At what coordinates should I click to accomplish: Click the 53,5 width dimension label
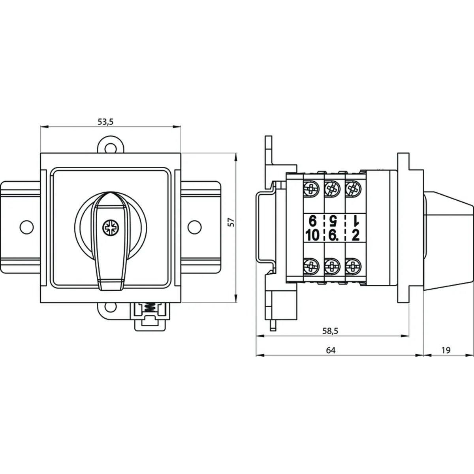[105, 122]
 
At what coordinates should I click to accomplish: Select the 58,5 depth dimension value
[331, 331]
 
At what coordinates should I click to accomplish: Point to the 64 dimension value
[331, 350]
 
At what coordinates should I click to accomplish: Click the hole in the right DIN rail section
[194, 226]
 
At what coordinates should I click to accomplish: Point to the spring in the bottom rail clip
[149, 308]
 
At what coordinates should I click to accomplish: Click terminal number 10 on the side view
[312, 235]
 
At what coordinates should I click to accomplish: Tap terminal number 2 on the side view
[355, 235]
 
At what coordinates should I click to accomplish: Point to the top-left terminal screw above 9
[311, 188]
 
